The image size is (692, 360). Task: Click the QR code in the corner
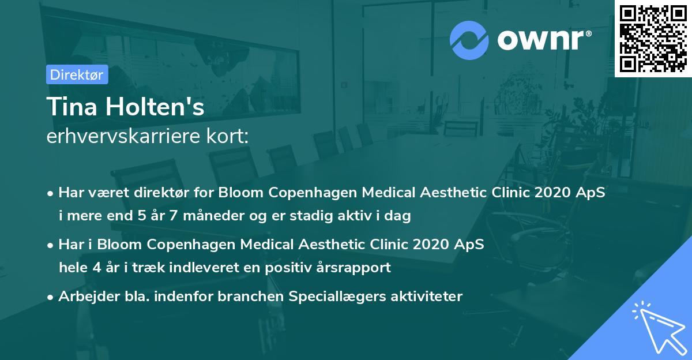pyautogui.click(x=653, y=38)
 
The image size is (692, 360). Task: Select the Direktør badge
pyautogui.click(x=77, y=74)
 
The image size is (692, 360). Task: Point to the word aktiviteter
pyautogui.click(x=427, y=297)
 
